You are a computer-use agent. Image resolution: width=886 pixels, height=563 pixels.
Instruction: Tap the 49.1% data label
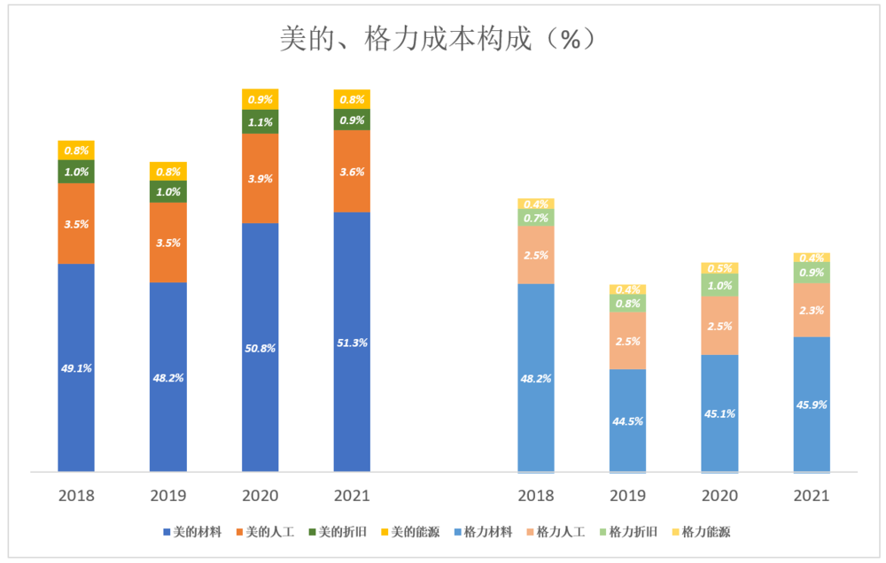click(x=76, y=368)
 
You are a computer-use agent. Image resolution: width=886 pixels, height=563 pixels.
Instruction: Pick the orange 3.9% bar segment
click(x=260, y=178)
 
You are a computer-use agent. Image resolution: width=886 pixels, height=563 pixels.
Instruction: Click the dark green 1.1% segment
click(x=260, y=122)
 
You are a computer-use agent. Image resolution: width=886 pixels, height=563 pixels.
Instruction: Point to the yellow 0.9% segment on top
click(x=260, y=99)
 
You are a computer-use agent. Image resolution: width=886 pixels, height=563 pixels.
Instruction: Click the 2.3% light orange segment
click(x=812, y=310)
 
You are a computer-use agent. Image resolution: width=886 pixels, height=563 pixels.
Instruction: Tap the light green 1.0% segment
click(x=719, y=285)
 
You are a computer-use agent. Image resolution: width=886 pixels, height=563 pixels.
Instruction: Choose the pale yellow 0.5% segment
click(x=719, y=268)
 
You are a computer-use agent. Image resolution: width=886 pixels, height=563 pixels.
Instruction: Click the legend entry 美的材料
click(x=192, y=532)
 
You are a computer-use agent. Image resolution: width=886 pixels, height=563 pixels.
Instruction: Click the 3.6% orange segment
click(x=352, y=172)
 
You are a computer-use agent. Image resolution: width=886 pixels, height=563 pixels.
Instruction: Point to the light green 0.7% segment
click(x=535, y=218)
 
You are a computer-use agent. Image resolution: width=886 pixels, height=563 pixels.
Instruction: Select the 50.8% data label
click(x=260, y=348)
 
